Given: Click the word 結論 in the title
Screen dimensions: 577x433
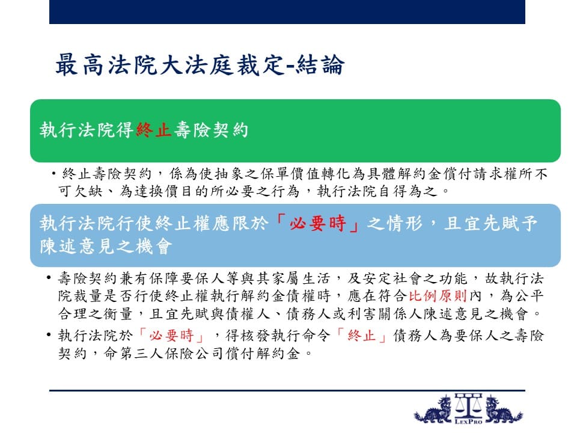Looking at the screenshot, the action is (320, 65).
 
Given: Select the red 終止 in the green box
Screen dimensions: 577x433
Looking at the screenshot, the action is (153, 130).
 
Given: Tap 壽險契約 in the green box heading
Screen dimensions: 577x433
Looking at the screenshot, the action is (211, 130).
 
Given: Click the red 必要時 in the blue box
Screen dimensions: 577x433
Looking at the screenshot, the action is (317, 223).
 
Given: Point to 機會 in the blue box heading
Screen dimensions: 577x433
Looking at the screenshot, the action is (153, 246).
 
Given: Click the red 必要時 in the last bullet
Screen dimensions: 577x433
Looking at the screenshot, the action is (171, 336).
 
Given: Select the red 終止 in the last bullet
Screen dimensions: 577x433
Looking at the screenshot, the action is (361, 336).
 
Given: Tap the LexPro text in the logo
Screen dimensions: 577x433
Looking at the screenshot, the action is (468, 421).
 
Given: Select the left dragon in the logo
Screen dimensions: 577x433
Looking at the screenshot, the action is (433, 410).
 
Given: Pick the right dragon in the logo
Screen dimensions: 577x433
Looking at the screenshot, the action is (504, 410).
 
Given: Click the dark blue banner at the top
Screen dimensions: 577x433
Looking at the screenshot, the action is (287, 12).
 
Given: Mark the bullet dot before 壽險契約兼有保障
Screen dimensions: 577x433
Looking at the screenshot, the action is (49, 278).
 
